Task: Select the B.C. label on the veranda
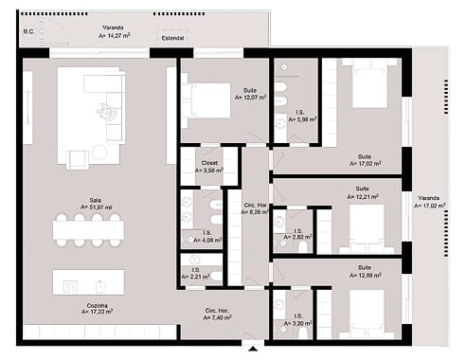[x=28, y=30]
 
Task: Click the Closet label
[x=209, y=163]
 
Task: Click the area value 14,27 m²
[x=113, y=35]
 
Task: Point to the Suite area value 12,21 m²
[x=362, y=198]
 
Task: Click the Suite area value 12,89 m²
[x=362, y=274]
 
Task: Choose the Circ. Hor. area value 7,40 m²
[x=218, y=318]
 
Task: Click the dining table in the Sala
[x=88, y=228]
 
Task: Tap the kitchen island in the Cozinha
[x=88, y=281]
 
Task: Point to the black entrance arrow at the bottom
[x=251, y=349]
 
